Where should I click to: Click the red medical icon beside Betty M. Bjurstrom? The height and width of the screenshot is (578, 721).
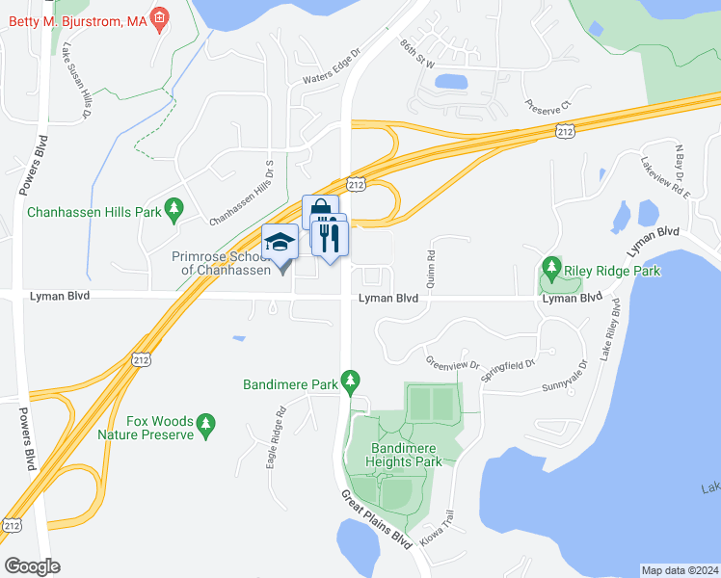160,17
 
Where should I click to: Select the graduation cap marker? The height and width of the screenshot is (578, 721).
280,242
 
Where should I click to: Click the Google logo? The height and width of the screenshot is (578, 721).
31,565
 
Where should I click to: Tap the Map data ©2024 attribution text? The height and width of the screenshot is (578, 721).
680,570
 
